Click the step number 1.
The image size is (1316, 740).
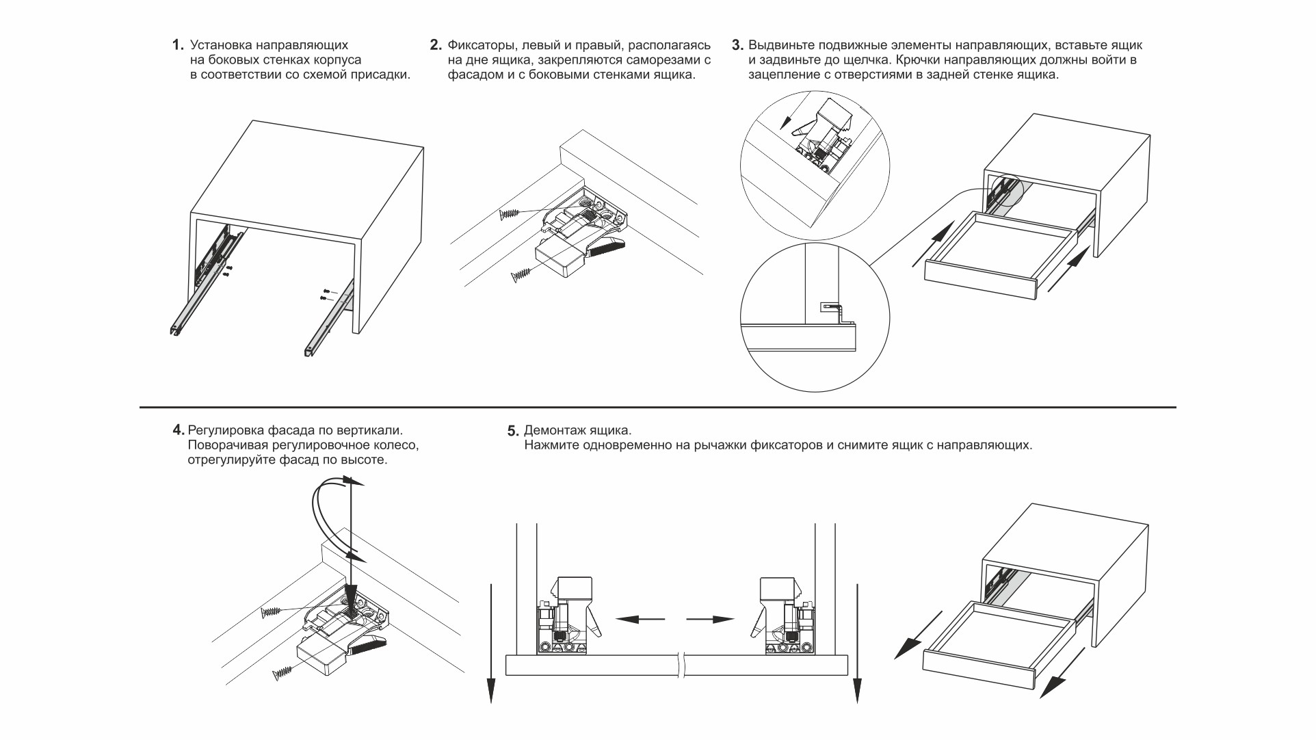pyautogui.click(x=178, y=45)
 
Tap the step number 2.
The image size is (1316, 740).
pyautogui.click(x=436, y=45)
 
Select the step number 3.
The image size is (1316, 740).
pyautogui.click(x=737, y=45)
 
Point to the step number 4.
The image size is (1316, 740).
pyautogui.click(x=178, y=430)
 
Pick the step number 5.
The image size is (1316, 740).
pyautogui.click(x=513, y=431)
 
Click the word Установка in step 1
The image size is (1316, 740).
pyautogui.click(x=220, y=45)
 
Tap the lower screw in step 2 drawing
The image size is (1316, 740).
pyautogui.click(x=521, y=275)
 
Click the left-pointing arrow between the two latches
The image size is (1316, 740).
pyautogui.click(x=640, y=620)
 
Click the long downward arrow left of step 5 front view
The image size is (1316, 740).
pyautogui.click(x=490, y=643)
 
